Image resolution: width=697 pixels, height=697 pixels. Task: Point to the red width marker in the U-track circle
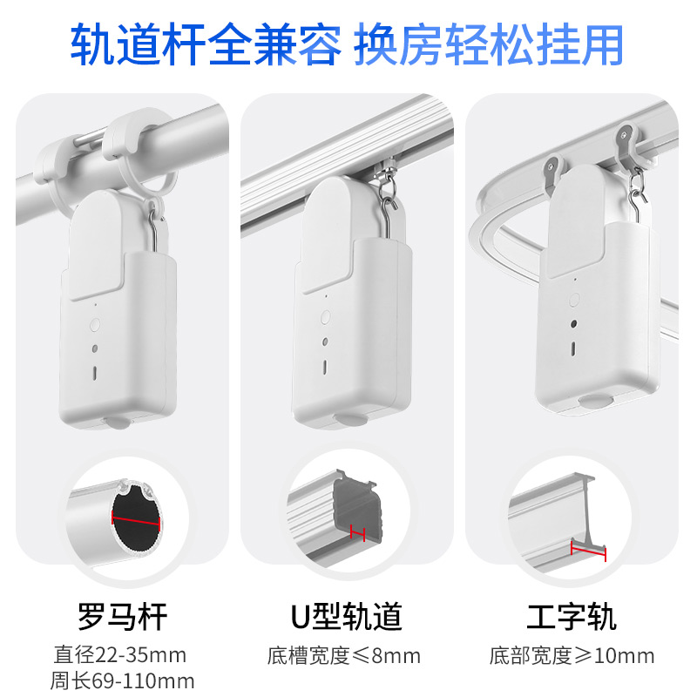click(357, 531)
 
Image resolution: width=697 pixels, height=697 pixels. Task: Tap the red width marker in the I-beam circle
click(589, 549)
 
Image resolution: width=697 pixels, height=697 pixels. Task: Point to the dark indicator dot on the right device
click(573, 324)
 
